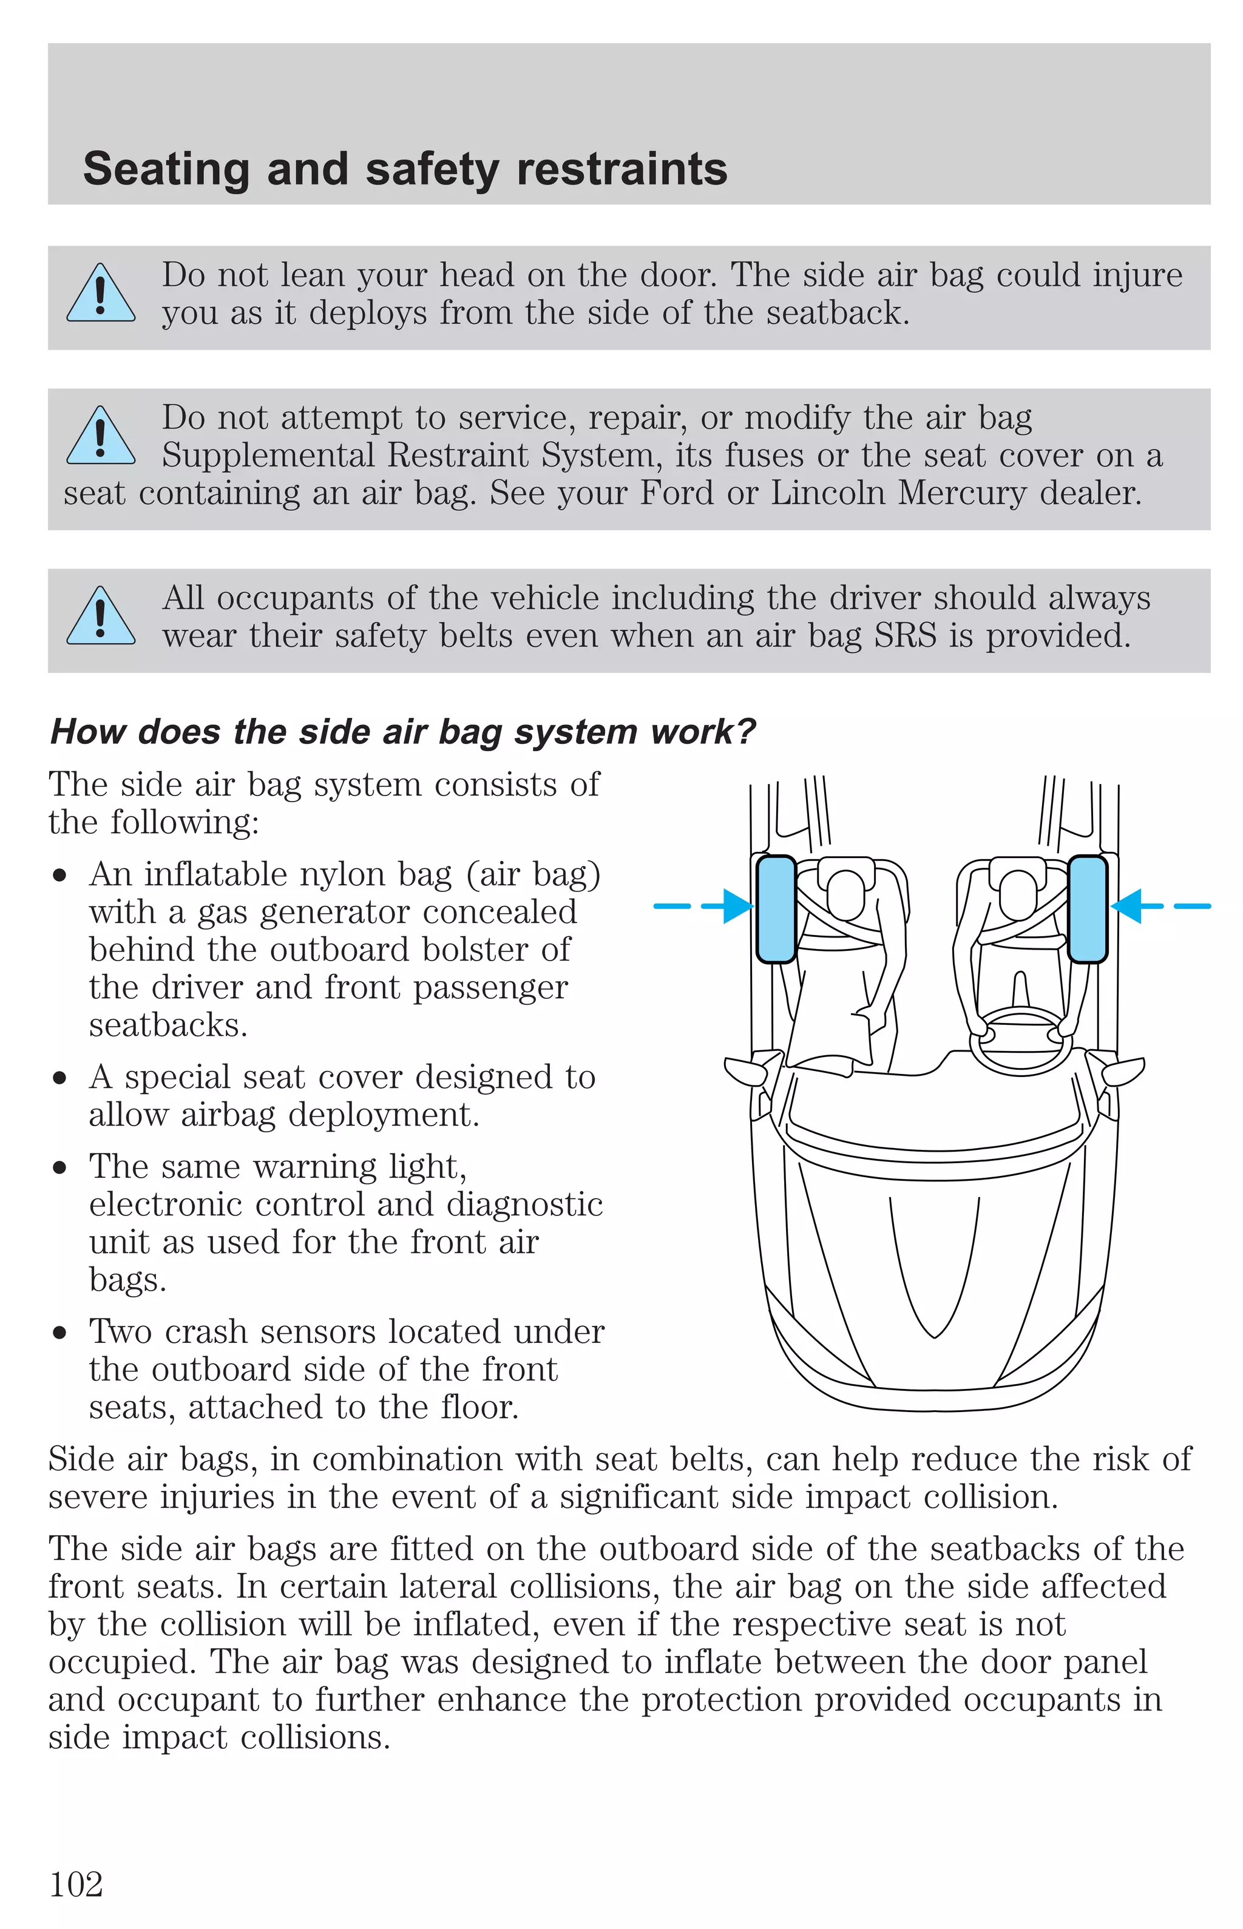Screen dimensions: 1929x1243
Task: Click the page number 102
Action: (76, 1885)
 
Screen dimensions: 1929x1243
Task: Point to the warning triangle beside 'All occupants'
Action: (101, 617)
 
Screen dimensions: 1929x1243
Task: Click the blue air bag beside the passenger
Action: (776, 909)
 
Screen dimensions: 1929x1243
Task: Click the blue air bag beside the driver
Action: (1087, 909)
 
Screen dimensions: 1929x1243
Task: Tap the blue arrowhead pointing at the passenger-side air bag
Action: (737, 906)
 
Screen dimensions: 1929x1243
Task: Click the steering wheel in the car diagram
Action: (1020, 1041)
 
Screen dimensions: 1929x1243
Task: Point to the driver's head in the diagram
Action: (1018, 893)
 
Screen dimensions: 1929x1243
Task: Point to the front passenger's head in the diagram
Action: (845, 893)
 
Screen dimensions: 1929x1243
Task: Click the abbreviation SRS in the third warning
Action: (906, 636)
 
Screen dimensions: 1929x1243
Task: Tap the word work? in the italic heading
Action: (703, 732)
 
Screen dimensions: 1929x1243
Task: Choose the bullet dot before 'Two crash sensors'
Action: (59, 1333)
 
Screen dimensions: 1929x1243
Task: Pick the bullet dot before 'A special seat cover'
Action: (59, 1078)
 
